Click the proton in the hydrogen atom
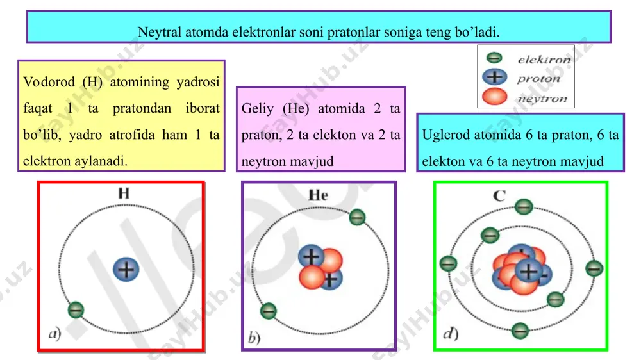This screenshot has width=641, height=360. click(126, 269)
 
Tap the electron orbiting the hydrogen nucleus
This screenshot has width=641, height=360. click(76, 310)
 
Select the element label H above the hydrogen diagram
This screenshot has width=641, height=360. click(124, 193)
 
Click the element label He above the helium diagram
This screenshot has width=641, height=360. click(318, 195)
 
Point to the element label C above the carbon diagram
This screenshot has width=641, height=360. click(499, 196)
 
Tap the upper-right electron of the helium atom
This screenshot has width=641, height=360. click(357, 217)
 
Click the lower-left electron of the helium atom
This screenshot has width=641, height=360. click(268, 311)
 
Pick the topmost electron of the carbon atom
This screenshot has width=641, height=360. click(524, 206)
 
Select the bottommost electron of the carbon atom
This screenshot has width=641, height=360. click(520, 330)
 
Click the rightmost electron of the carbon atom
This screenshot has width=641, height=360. click(594, 268)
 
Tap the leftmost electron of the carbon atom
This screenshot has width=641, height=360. click(448, 263)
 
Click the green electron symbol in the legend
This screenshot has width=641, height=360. click(494, 58)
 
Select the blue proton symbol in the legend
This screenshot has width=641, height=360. click(494, 77)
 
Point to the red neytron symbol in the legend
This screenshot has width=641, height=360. click(494, 97)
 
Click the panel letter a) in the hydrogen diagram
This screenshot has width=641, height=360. click(54, 334)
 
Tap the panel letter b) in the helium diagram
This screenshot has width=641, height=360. click(254, 338)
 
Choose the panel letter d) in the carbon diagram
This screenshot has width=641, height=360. click(451, 334)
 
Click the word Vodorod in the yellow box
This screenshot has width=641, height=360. click(49, 82)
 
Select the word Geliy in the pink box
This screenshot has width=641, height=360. click(258, 109)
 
